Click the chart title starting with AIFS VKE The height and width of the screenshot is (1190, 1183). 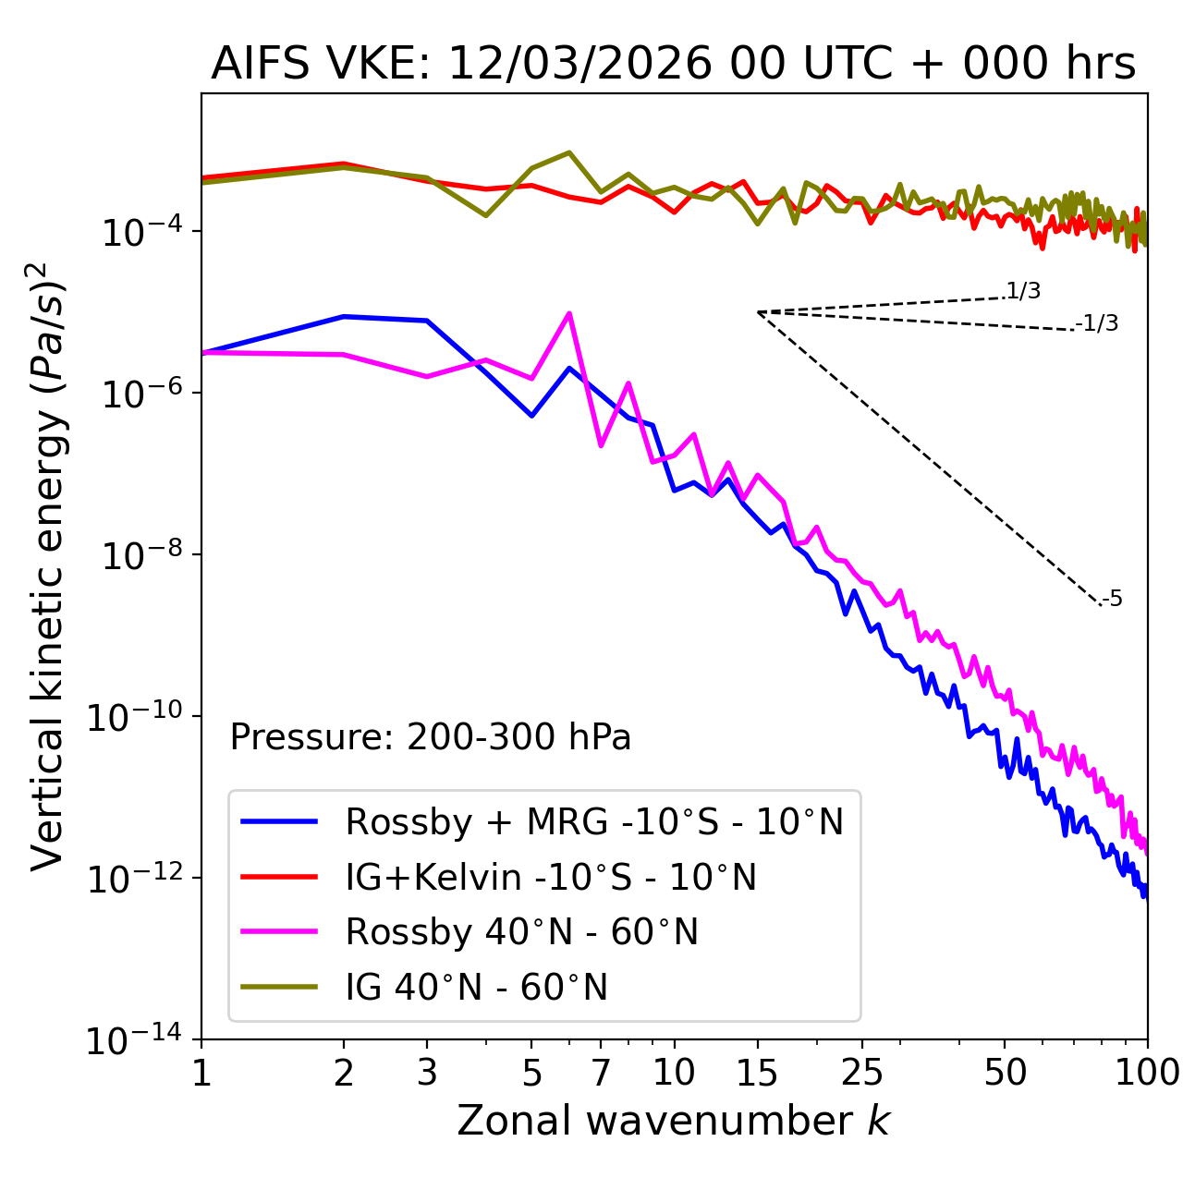673,64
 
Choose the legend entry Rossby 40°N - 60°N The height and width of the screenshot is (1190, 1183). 521,932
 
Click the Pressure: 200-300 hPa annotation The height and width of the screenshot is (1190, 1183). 430,737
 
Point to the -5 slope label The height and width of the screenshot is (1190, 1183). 1112,599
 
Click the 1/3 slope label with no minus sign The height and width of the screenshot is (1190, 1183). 1023,291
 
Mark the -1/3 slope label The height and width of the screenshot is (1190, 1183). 1097,323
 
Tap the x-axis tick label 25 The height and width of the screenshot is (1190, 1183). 861,1072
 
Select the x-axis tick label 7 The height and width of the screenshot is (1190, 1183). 601,1072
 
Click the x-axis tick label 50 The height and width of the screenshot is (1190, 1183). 1005,1072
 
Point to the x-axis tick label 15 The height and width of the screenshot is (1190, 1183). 757,1072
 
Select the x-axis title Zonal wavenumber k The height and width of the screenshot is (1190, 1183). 673,1121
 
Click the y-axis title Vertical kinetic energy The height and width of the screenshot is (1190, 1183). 50,565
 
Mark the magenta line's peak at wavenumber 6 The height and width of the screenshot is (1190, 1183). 569,313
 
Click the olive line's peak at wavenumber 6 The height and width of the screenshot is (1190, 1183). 569,152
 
